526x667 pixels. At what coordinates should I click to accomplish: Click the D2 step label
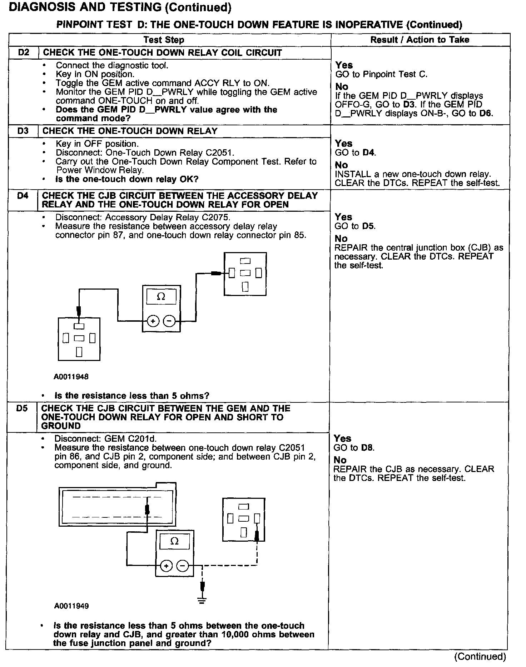coord(24,52)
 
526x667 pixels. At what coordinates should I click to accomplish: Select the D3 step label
coord(23,131)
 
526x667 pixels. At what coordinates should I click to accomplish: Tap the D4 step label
coord(23,196)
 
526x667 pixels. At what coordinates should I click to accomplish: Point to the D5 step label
coord(22,408)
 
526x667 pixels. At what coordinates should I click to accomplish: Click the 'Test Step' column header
coord(164,40)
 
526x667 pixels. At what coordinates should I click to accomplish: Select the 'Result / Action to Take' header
coord(420,40)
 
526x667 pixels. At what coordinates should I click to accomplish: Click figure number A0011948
coord(71,376)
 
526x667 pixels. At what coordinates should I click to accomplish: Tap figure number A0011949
coord(71,606)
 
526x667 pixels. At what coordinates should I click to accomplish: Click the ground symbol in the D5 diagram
coord(202,601)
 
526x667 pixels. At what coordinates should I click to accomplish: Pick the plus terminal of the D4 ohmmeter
coord(153,321)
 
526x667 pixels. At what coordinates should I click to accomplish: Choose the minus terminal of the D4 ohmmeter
coord(169,321)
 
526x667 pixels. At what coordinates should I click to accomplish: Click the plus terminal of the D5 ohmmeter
coord(166,566)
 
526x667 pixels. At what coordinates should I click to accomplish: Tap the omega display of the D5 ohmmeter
coord(174,541)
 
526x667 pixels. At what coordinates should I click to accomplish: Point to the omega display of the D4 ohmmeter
coord(161,297)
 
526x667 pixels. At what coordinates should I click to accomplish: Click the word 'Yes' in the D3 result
coord(343,144)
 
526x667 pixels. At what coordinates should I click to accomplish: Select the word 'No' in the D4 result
coord(341,239)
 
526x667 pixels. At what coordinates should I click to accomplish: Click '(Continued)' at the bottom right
coord(480,656)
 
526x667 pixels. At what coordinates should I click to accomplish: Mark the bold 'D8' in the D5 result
coord(367,448)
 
